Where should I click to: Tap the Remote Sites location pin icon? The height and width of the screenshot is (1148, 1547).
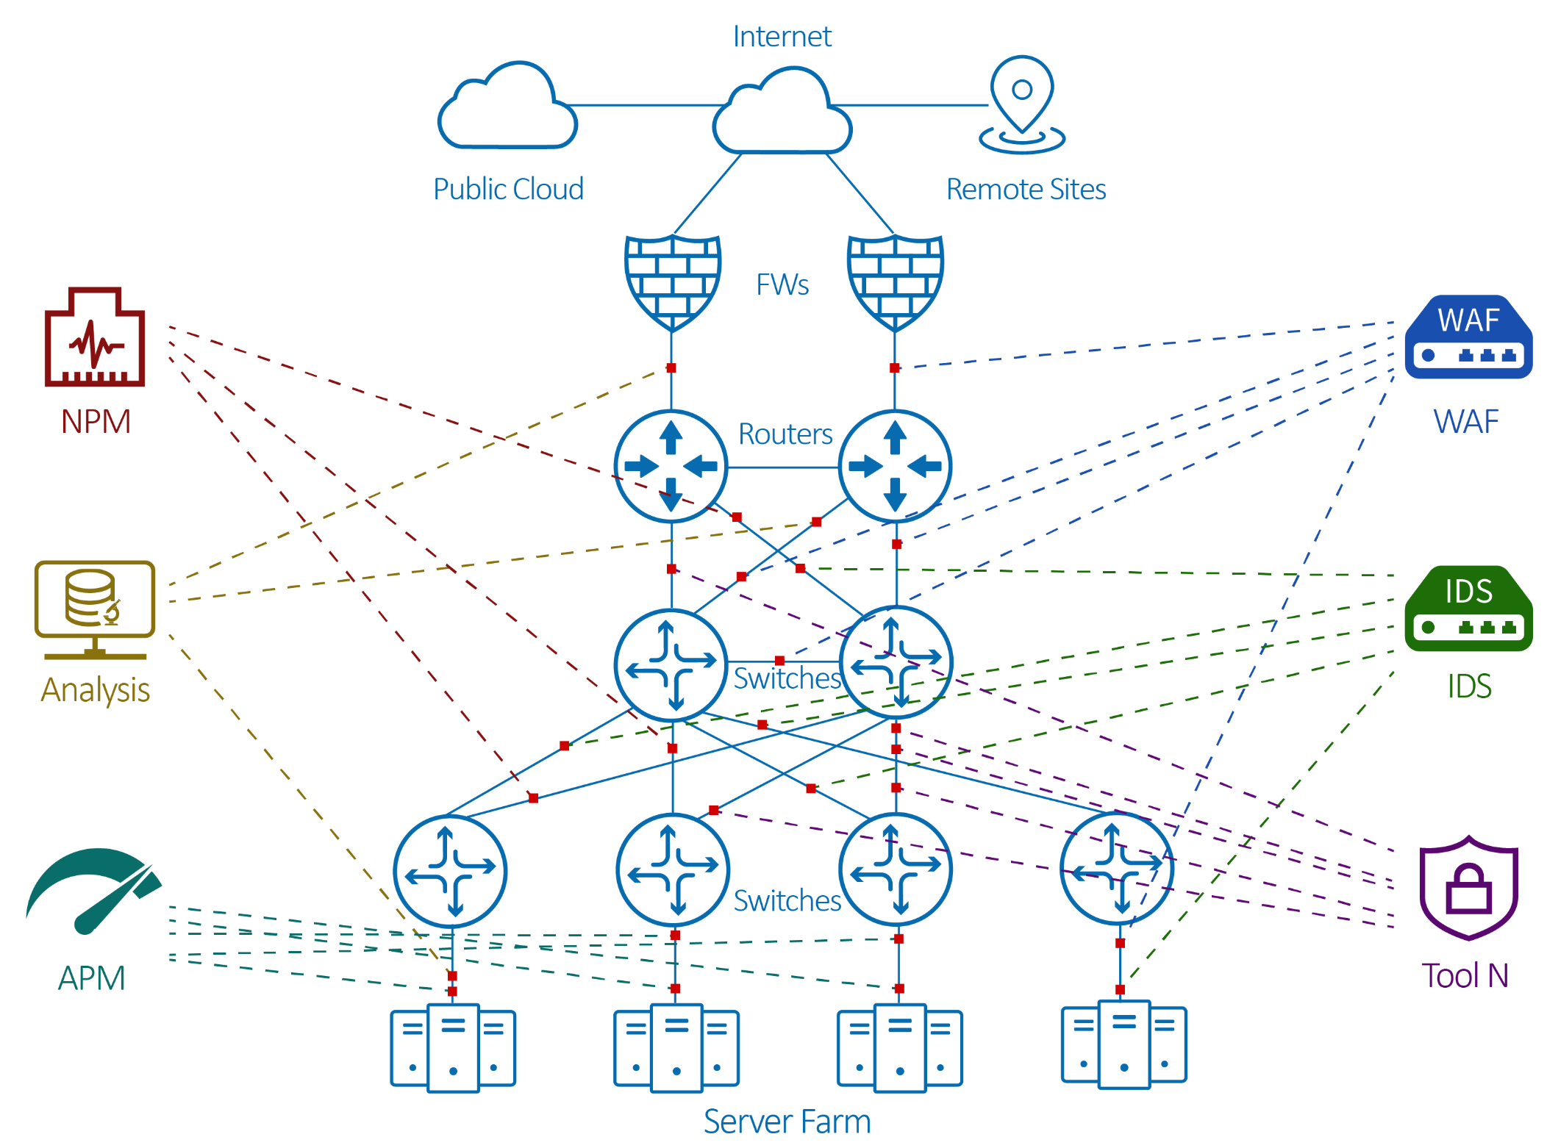coord(1022,104)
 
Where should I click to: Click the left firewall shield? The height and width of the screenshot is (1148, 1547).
coord(672,283)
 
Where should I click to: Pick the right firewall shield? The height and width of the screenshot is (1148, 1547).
coord(895,283)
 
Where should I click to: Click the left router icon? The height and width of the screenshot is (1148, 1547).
coord(671,466)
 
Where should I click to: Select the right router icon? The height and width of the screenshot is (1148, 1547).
coord(895,466)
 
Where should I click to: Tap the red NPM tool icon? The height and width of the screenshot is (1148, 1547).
coord(95,337)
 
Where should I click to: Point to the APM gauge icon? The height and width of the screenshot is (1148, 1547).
coord(93,892)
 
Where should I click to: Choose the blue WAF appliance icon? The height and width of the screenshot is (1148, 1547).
coord(1468,337)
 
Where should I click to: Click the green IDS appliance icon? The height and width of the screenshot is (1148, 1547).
coord(1468,609)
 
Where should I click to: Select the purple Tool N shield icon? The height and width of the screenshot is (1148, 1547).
coord(1468,888)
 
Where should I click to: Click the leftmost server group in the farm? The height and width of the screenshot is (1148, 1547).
coord(453,1048)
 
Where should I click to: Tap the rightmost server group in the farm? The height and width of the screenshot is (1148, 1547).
coord(1123,1044)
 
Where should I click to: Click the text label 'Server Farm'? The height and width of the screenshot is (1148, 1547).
coord(787,1122)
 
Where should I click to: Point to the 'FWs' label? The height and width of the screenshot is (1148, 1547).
coord(782,284)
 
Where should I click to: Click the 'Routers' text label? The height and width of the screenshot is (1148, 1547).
coord(785,434)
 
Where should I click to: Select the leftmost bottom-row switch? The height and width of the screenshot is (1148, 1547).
coord(450,871)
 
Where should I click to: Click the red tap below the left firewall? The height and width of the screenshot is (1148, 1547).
coord(671,367)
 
